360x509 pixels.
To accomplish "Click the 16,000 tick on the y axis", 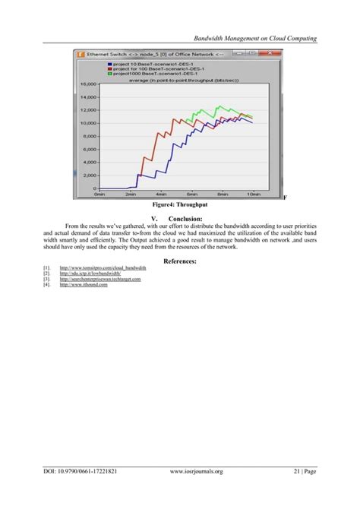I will pyautogui.click(x=87, y=84).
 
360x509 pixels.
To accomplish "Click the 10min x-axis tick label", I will pyautogui.click(x=254, y=194).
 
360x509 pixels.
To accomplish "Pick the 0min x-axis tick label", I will pyautogui.click(x=98, y=194).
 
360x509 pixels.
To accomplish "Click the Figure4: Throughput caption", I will pyautogui.click(x=179, y=205).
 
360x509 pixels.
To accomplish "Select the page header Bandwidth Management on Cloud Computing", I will pyautogui.click(x=255, y=37).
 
